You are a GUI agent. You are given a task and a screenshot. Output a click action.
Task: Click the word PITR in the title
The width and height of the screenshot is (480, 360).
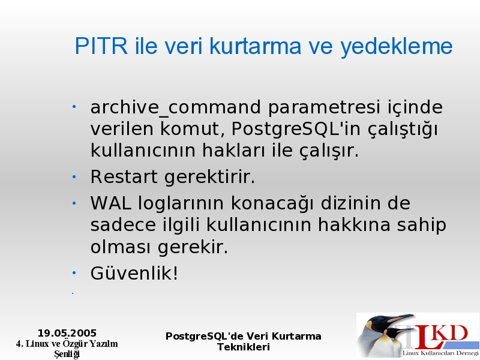coord(101,46)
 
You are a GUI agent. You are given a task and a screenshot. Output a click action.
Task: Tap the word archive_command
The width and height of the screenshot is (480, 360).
coord(176,108)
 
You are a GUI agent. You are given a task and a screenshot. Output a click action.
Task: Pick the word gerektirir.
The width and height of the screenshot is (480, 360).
coord(209,177)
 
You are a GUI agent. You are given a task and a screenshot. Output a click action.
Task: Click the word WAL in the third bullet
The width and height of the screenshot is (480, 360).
coord(111,203)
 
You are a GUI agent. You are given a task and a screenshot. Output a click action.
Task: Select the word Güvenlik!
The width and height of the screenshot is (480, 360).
coord(134,272)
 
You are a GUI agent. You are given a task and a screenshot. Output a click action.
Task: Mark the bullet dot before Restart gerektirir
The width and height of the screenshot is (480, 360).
coord(74,176)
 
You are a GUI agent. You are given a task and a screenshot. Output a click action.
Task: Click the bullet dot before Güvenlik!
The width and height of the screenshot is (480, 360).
coord(74,273)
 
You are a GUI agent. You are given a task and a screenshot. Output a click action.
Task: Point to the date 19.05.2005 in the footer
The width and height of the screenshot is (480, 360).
coord(67,333)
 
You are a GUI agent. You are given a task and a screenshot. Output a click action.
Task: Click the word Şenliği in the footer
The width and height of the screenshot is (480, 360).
coord(67,354)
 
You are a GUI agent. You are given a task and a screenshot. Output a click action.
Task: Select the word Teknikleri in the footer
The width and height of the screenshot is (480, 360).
coord(244,347)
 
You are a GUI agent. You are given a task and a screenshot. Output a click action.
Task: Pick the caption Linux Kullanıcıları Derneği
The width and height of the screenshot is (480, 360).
coord(440,353)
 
